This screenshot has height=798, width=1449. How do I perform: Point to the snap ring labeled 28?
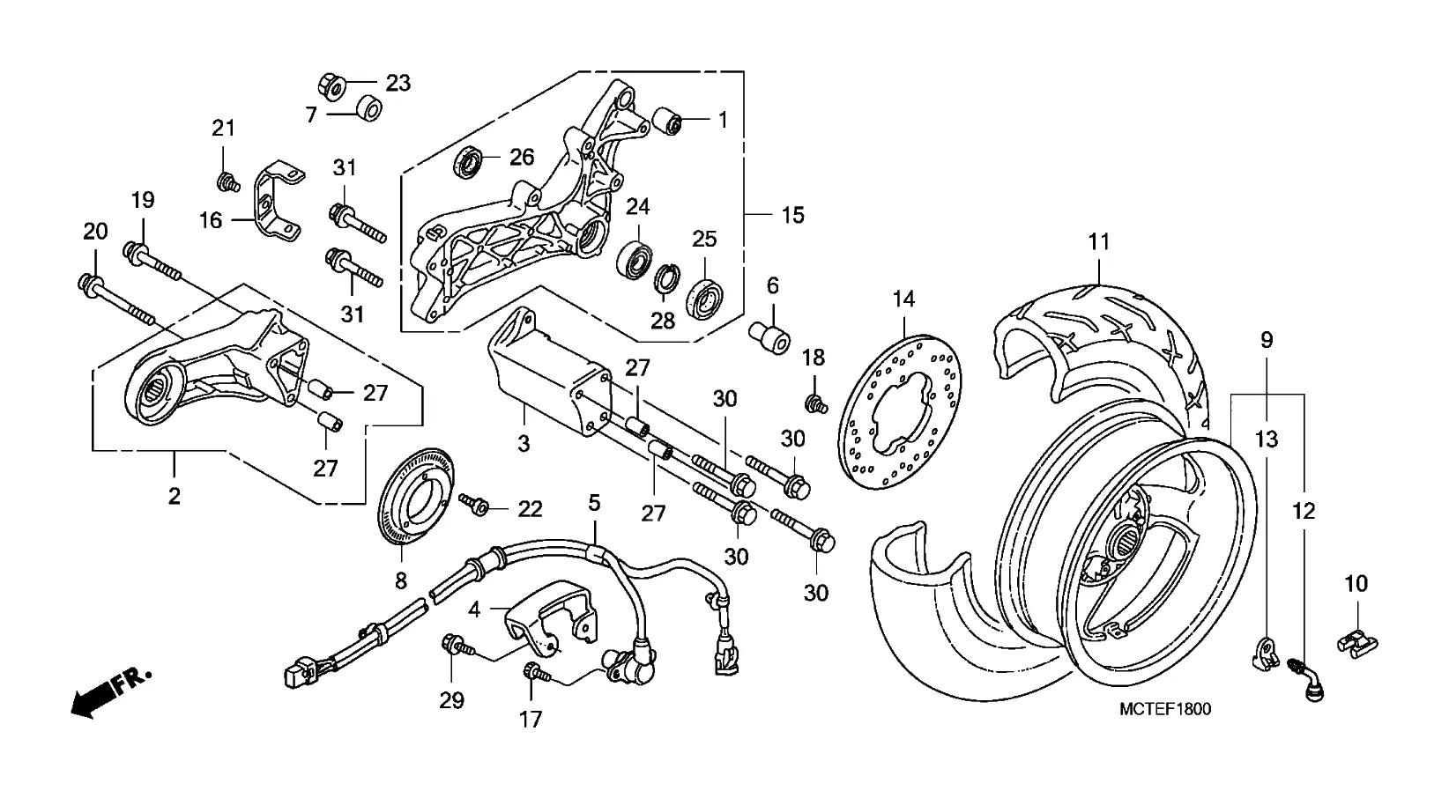(669, 281)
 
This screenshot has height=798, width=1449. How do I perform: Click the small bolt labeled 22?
(475, 505)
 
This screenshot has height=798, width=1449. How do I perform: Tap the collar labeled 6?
(769, 337)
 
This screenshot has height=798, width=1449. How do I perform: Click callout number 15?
(793, 215)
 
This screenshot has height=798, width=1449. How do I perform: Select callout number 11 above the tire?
(1099, 241)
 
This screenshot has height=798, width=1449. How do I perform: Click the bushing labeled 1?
(672, 121)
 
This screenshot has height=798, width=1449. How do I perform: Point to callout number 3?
(524, 443)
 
